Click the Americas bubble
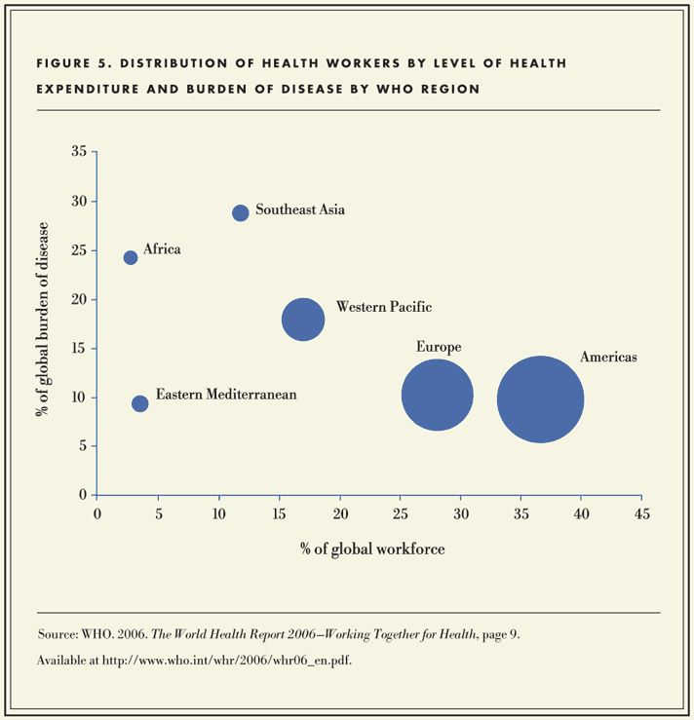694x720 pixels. coord(540,399)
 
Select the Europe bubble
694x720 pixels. coord(437,396)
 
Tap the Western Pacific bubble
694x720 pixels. coord(303,320)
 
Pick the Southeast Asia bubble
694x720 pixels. coord(241,212)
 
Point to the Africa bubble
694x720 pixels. coord(131,257)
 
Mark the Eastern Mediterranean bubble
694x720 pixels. coord(140,403)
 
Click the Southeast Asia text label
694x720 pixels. coord(300,209)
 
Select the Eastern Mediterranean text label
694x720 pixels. coord(226,395)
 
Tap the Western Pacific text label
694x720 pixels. coord(383,307)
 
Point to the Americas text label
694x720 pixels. coord(608,358)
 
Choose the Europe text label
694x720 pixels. coord(439,347)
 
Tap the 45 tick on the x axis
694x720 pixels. coord(640,513)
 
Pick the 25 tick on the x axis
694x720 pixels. coord(400,513)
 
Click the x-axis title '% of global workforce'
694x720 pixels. coord(373,549)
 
